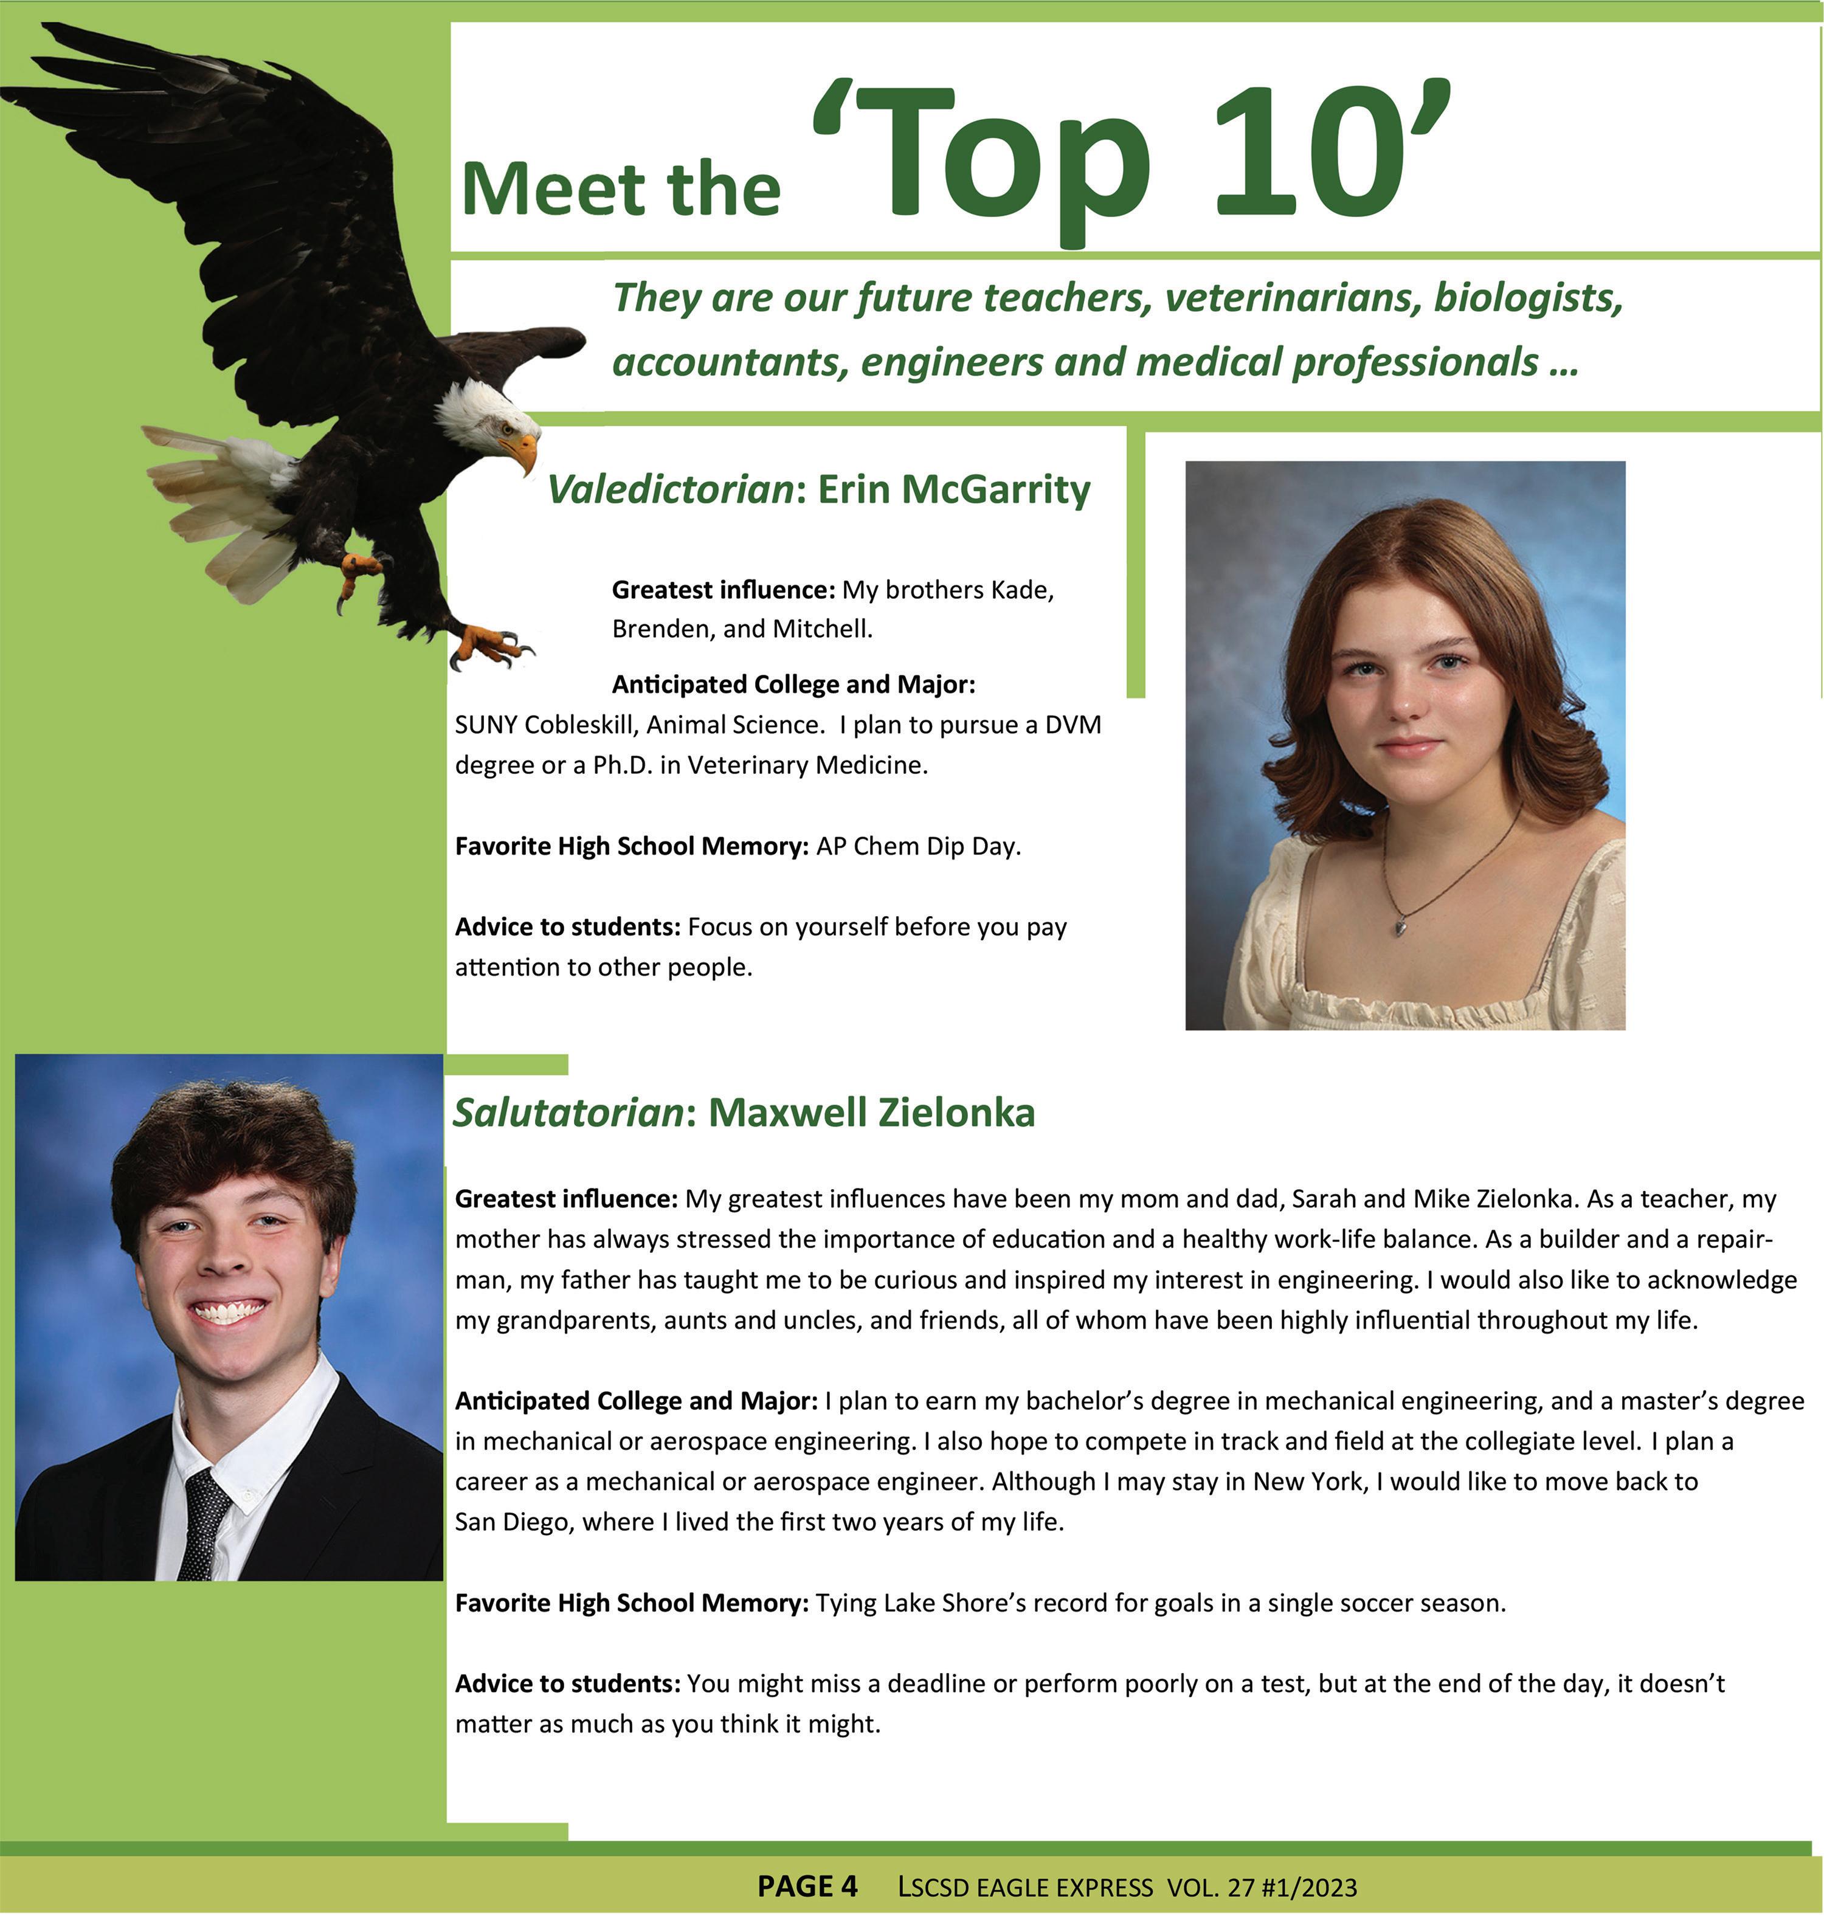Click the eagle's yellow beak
point(522,449)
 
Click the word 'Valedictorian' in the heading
point(671,489)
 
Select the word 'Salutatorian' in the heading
point(569,1112)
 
